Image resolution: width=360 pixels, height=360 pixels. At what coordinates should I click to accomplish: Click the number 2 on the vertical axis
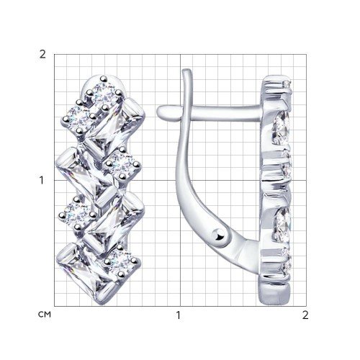pos(42,55)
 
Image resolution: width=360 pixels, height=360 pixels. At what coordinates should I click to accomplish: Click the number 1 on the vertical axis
pos(42,180)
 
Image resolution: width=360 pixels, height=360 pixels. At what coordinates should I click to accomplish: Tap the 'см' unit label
pos(45,315)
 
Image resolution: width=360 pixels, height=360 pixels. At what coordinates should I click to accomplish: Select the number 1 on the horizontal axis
pos(178,315)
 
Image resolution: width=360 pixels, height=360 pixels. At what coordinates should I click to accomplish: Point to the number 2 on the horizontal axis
pos(305,315)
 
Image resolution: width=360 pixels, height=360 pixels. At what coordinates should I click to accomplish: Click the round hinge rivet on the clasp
pos(218,235)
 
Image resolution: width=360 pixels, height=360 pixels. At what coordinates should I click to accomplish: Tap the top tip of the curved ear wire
pos(186,71)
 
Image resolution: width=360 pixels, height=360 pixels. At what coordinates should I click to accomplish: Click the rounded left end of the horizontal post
pos(161,112)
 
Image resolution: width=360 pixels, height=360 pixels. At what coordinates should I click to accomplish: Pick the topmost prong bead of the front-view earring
pos(104,78)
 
